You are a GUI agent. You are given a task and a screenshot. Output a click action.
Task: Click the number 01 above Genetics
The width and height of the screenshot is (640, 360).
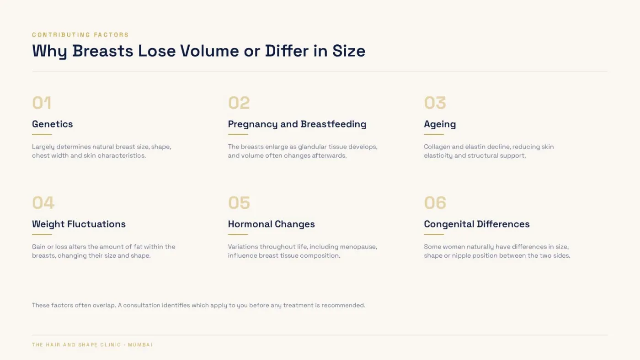42,102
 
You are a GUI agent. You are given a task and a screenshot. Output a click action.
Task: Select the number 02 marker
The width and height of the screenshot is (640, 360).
239,102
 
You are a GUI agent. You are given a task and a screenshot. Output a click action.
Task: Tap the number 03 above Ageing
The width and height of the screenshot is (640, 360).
435,102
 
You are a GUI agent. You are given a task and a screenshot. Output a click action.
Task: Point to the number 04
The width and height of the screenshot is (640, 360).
43,202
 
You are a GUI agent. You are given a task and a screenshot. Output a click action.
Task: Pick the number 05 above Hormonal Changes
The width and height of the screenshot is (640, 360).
239,202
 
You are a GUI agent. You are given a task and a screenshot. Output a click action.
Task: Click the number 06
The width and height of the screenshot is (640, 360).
435,202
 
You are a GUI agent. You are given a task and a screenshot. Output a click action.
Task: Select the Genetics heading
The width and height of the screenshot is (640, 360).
52,124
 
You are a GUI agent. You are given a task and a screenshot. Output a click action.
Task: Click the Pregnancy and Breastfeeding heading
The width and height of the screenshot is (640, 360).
297,124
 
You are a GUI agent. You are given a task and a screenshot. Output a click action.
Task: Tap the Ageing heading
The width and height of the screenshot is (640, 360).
440,124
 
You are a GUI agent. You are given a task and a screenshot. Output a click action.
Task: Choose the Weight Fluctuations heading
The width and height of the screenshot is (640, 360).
79,224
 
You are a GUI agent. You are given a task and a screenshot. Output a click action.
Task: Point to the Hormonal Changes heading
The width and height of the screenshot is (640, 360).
272,224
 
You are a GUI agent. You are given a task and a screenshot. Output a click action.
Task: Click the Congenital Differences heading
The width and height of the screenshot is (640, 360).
477,224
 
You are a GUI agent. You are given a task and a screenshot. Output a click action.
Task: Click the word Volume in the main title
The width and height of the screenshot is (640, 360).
209,51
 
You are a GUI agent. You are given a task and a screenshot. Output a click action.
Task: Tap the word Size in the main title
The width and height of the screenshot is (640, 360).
349,51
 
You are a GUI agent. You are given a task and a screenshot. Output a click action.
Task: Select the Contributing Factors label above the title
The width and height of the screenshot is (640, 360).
80,35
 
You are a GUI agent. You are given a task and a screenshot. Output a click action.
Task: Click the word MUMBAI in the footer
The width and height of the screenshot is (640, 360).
140,344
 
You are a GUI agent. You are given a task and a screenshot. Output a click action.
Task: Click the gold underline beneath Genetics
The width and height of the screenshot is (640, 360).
42,134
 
